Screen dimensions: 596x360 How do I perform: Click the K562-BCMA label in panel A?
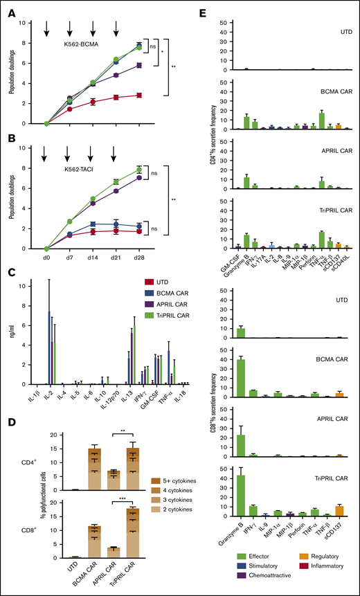point(76,43)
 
